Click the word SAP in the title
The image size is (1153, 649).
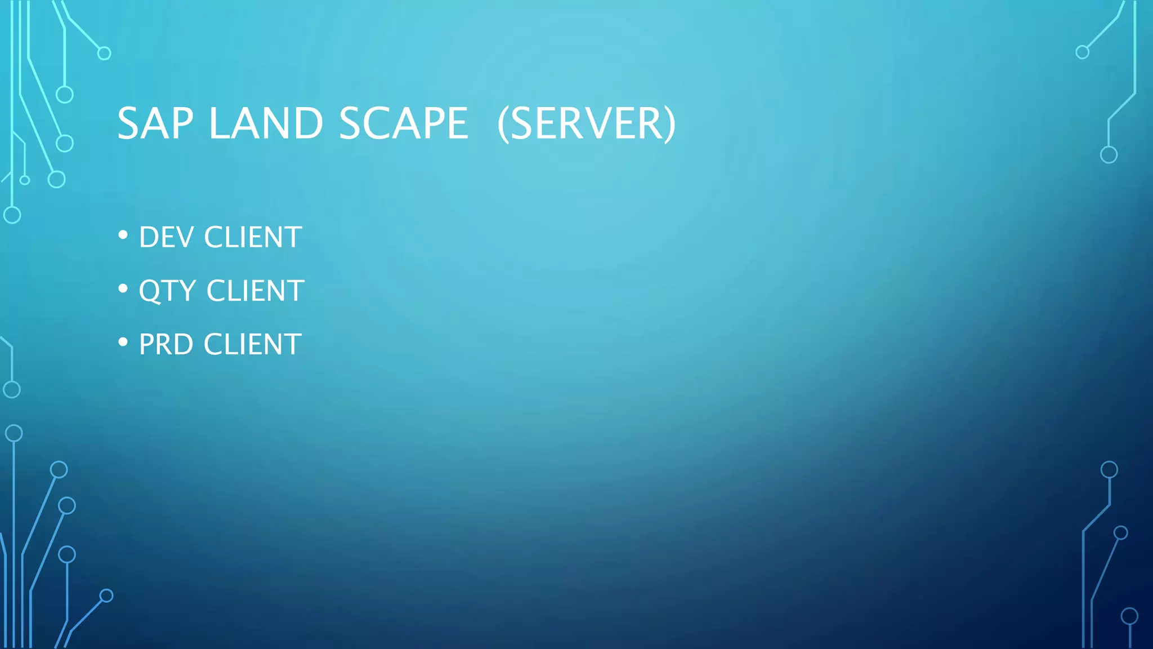coord(155,123)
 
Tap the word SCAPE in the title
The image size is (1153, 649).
coord(403,123)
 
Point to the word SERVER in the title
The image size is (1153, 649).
coord(587,123)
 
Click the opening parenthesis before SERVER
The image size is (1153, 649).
coord(503,125)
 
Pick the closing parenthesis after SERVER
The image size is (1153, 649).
coord(669,125)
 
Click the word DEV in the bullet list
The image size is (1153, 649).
coord(166,237)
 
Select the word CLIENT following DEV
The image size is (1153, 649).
coord(253,237)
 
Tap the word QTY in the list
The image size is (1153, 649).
coord(167,291)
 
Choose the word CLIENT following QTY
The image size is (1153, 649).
coord(255,291)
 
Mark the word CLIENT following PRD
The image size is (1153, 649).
coord(252,344)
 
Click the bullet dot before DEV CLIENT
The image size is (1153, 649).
coord(123,235)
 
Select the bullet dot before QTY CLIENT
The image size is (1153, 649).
coord(123,288)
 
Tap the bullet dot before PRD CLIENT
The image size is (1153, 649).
coord(123,342)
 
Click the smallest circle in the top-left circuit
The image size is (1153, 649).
coord(25,180)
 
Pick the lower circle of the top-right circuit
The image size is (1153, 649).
coord(1109,155)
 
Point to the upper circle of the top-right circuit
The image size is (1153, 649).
coord(1082,52)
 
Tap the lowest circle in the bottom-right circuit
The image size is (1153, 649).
coord(1129,616)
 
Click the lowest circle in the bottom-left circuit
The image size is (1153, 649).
coord(106,595)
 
